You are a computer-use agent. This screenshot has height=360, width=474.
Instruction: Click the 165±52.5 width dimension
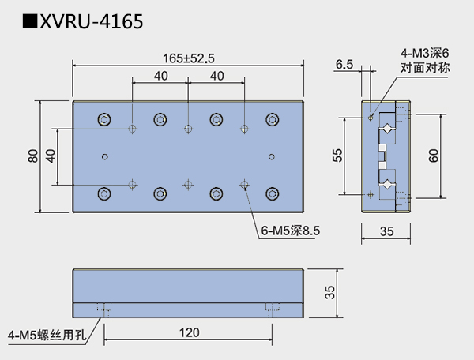(189, 57)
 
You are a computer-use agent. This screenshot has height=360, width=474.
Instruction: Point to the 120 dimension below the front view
(189, 333)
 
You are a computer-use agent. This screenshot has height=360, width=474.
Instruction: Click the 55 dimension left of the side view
(337, 156)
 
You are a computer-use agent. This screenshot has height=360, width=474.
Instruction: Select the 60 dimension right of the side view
(433, 156)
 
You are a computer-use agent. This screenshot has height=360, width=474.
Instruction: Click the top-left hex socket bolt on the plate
(104, 120)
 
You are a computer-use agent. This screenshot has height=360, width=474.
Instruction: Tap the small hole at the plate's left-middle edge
(105, 156)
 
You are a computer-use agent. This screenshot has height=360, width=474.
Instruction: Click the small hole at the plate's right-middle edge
(272, 156)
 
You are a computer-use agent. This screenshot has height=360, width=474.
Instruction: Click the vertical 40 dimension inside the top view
(51, 156)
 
